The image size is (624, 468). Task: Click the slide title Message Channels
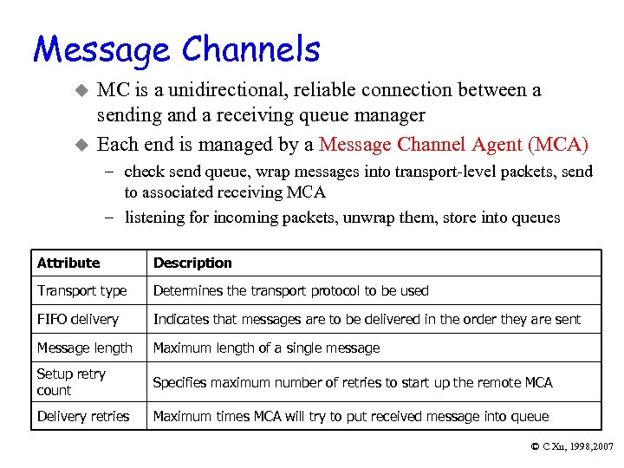point(177,49)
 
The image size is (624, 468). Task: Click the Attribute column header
point(68,263)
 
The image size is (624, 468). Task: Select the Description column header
point(192,263)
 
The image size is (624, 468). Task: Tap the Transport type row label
point(81,291)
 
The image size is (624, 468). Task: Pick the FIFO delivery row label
point(77,320)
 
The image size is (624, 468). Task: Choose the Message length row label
point(84,348)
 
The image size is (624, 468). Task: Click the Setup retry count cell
point(71,382)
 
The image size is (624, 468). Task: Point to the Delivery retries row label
point(82,417)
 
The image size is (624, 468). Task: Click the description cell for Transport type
point(290,291)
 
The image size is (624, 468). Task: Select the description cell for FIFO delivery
point(367,320)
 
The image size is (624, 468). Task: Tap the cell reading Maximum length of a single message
point(266,348)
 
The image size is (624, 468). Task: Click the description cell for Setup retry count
point(353,382)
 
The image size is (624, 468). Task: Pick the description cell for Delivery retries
point(351,417)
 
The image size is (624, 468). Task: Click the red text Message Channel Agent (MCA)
point(453,144)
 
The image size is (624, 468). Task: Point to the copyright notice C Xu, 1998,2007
point(571,446)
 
